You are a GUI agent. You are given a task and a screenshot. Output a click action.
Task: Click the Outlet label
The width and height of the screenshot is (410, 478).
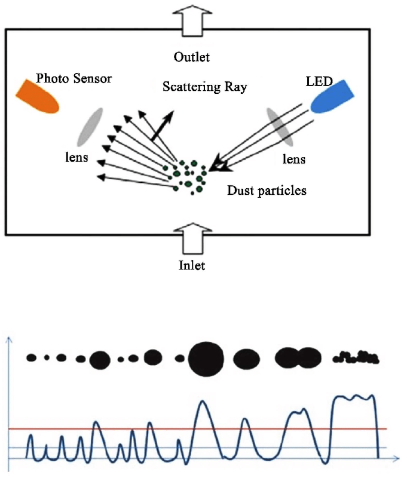(192, 57)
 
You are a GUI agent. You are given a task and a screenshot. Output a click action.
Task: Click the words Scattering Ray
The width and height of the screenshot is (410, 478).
(205, 87)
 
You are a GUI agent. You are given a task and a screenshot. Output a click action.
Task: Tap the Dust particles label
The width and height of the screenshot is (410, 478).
(267, 191)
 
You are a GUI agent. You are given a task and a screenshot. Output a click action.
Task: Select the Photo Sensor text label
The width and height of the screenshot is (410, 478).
(74, 78)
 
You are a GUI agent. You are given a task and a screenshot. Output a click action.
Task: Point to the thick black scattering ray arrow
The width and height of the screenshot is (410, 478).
(161, 126)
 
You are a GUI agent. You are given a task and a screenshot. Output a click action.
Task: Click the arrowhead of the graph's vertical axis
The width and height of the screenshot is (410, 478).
(8, 341)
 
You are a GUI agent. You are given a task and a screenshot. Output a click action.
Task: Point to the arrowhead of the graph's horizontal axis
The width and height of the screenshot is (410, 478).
(396, 458)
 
